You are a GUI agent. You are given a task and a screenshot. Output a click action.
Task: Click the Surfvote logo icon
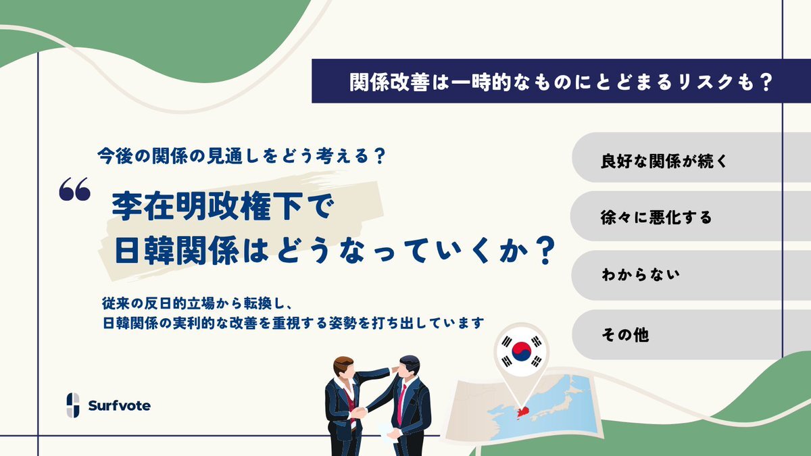click(73, 405)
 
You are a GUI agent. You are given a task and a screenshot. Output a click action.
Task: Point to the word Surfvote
click(120, 406)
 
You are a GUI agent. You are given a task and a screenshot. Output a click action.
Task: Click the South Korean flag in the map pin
click(521, 351)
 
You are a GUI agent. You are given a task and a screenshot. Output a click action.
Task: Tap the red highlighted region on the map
click(523, 412)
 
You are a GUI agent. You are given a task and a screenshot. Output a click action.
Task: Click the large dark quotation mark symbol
click(74, 189)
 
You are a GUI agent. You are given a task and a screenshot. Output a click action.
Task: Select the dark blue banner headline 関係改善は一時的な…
click(561, 81)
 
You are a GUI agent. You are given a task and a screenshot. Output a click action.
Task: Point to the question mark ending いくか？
click(544, 251)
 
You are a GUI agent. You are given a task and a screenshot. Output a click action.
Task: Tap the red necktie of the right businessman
click(401, 403)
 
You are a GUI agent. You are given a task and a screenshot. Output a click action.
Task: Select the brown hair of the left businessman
click(343, 363)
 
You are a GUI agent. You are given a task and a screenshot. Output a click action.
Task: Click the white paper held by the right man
click(388, 432)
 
